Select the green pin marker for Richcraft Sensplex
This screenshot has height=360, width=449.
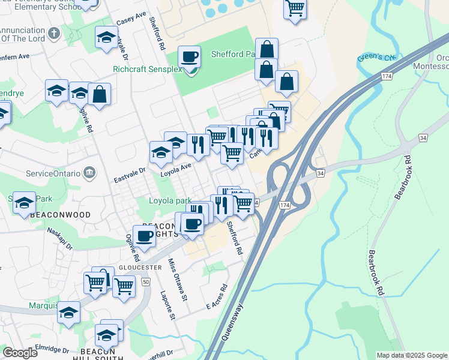coord(191,71)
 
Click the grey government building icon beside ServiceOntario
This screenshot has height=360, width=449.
coord(90,173)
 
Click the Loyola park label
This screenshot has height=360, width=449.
coord(170,201)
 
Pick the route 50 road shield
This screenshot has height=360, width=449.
coord(145,281)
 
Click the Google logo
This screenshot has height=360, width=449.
coord(20,353)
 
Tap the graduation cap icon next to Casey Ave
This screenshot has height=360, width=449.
coord(106,37)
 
